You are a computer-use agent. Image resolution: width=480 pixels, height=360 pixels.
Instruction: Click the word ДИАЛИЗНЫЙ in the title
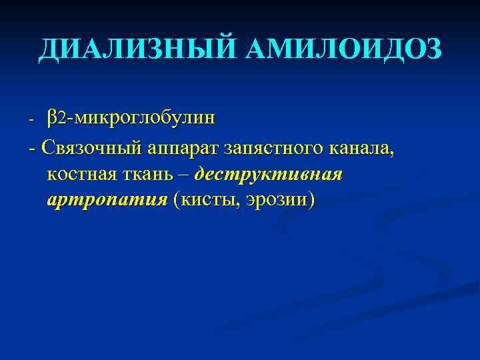(137, 50)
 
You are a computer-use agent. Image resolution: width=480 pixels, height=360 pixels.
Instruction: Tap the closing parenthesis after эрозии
(311, 200)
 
